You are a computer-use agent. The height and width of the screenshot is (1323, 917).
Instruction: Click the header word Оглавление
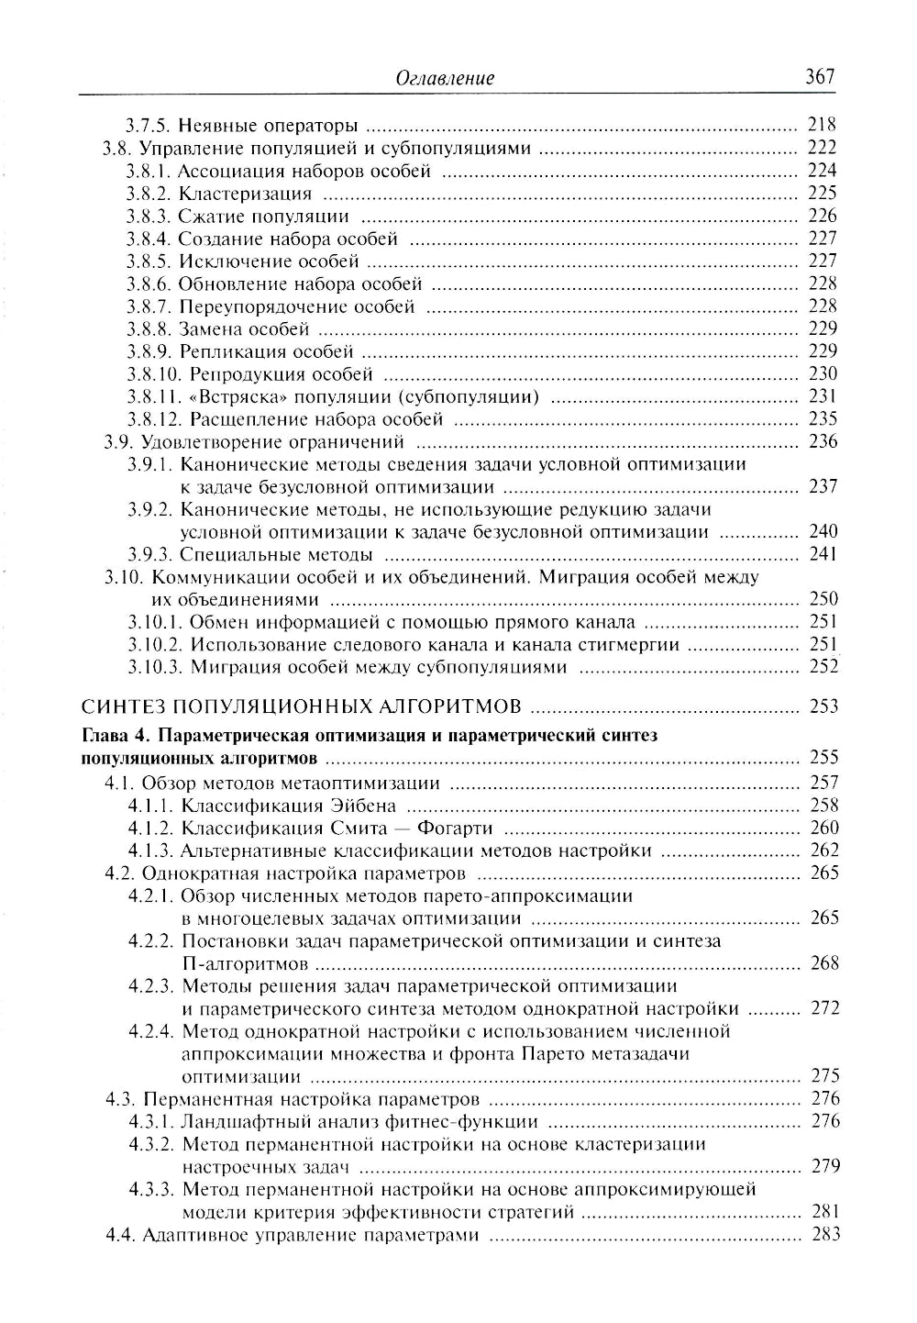445,78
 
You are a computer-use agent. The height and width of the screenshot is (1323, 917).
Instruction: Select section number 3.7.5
148,126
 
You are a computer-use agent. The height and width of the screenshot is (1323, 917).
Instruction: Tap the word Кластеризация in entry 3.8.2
245,194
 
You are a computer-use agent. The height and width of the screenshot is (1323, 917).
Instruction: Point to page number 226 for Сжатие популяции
823,216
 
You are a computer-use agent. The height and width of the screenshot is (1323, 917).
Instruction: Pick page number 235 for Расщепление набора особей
823,419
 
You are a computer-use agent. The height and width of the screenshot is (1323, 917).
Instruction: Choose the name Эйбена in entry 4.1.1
364,806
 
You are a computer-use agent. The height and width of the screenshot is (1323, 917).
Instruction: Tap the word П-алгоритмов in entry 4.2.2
245,963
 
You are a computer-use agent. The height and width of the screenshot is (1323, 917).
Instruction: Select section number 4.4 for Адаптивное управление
122,1235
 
